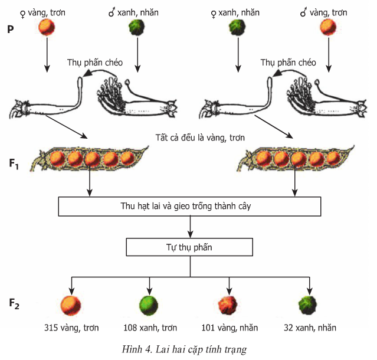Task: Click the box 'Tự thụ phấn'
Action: click(190, 247)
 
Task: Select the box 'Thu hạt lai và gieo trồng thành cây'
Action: click(190, 207)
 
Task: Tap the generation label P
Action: click(11, 29)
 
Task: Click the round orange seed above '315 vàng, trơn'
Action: click(71, 304)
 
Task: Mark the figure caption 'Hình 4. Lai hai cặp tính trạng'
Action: click(189, 348)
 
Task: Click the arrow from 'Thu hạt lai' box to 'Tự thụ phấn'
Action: click(190, 227)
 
